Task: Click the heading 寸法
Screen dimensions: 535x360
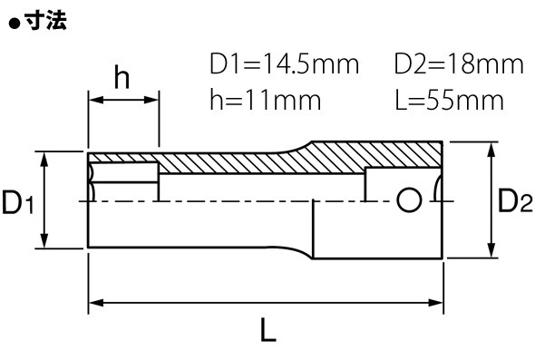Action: (45, 22)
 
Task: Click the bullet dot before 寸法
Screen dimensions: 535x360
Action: (15, 24)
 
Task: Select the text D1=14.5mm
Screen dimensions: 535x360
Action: (284, 63)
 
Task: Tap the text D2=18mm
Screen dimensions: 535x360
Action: (459, 63)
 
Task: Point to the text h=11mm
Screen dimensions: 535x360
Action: (266, 100)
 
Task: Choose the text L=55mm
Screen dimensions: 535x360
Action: (449, 100)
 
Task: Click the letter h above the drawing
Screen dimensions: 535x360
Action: (122, 77)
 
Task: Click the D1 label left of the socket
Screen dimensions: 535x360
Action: (18, 202)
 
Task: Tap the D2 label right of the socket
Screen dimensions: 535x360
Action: (516, 201)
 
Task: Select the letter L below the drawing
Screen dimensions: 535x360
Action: (268, 330)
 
